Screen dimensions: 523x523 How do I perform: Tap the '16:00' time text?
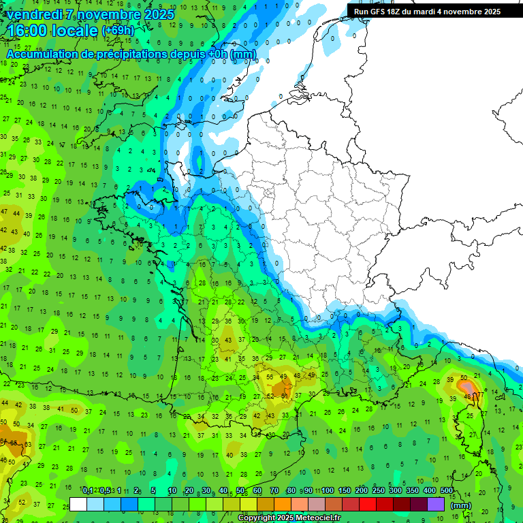pos(29,31)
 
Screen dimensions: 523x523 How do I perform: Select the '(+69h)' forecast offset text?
pos(118,31)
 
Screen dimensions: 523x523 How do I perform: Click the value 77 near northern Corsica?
pos(480,394)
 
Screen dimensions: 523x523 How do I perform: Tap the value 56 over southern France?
pos(270,377)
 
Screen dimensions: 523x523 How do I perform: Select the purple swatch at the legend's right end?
pos(435,505)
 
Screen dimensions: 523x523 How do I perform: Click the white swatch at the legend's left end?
pos(78,505)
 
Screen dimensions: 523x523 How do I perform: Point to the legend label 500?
pos(447,491)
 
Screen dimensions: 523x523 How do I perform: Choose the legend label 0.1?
pos(87,491)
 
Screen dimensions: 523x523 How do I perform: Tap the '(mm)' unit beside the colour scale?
pos(461,505)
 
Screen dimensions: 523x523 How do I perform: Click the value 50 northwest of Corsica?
pos(464,377)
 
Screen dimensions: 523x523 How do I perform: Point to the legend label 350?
pos(413,491)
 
